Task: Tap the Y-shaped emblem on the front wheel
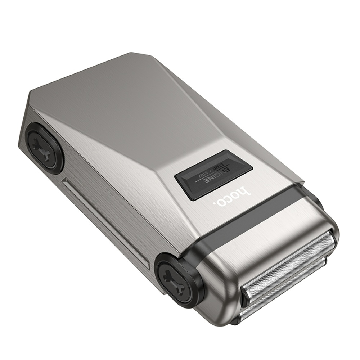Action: click(174, 279)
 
